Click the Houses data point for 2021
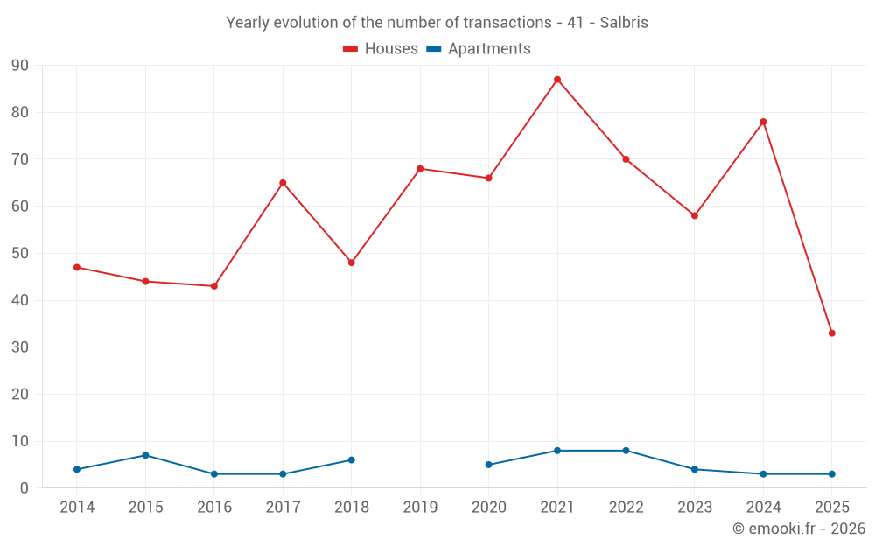pyautogui.click(x=557, y=80)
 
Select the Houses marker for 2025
pyautogui.click(x=832, y=333)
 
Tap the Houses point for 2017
pyautogui.click(x=283, y=183)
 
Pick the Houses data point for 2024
pyautogui.click(x=763, y=122)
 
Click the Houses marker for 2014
pyautogui.click(x=77, y=267)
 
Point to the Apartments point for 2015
pyautogui.click(x=145, y=455)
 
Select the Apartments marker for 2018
pyautogui.click(x=352, y=460)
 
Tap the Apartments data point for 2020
pyautogui.click(x=488, y=465)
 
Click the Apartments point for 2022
pyautogui.click(x=626, y=451)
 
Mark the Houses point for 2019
pyautogui.click(x=420, y=169)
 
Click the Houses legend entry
pyautogui.click(x=381, y=49)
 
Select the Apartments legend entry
pyautogui.click(x=479, y=49)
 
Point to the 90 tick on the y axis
pyautogui.click(x=20, y=66)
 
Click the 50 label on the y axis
pyautogui.click(x=20, y=254)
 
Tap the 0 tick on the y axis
pyautogui.click(x=24, y=488)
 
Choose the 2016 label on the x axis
pyautogui.click(x=214, y=508)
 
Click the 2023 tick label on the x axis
pyautogui.click(x=695, y=508)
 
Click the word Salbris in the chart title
pyautogui.click(x=624, y=23)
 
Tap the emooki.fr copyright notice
pyautogui.click(x=799, y=529)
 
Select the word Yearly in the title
pyautogui.click(x=248, y=23)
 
